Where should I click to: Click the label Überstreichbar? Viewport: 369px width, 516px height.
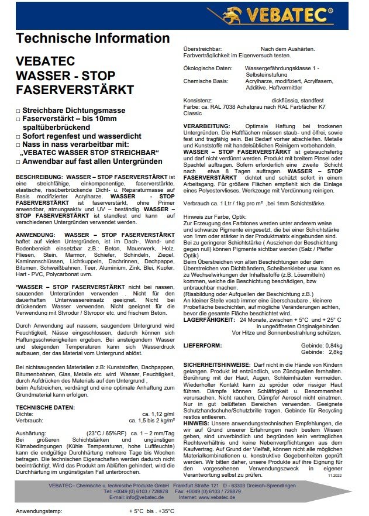tap(203, 49)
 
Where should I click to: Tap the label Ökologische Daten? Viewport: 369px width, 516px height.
tap(205, 68)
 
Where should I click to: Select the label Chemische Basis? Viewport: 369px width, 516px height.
tap(204, 81)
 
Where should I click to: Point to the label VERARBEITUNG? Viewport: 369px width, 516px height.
tap(206, 126)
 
